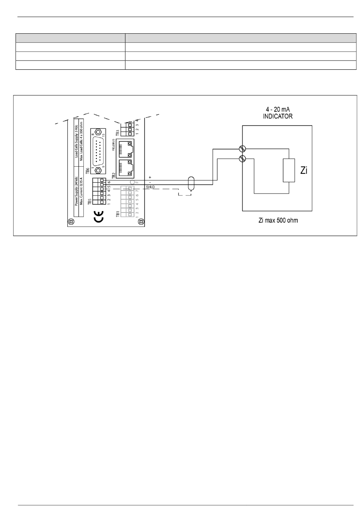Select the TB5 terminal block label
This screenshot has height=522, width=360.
[x=89, y=202]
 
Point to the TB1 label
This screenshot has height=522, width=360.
[x=118, y=215]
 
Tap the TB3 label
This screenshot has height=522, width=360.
[x=117, y=133]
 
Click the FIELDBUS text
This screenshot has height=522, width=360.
[x=113, y=145]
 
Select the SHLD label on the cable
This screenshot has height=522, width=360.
[x=150, y=187]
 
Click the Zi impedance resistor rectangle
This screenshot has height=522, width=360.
[x=289, y=171]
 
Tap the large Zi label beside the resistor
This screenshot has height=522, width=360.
[x=304, y=171]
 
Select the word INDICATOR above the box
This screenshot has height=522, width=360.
[x=278, y=117]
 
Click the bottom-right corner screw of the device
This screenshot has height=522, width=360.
[x=140, y=221]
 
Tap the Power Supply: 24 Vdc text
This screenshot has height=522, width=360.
[x=76, y=191]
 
